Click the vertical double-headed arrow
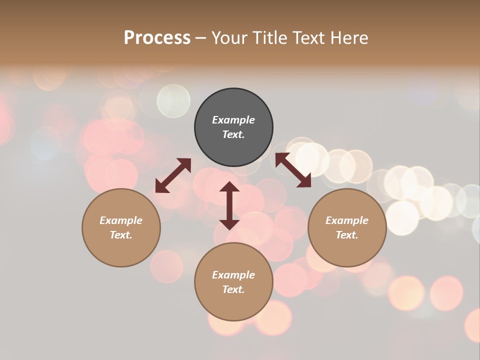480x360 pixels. [229, 205]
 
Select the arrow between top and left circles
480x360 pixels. [173, 175]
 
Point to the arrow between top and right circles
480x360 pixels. [293, 170]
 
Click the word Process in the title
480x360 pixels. [157, 37]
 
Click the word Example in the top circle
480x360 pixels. [233, 120]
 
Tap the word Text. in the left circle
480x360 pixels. [121, 235]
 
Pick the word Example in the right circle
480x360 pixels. [347, 220]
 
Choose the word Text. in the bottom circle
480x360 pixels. [233, 289]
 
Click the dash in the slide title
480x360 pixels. [200, 38]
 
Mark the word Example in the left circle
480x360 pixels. [121, 220]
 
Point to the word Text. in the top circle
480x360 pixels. [233, 134]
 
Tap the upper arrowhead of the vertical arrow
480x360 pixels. [229, 187]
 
